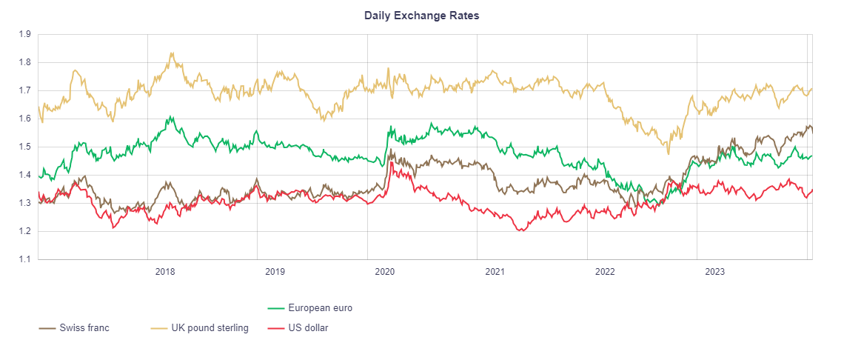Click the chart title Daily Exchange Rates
(x=421, y=16)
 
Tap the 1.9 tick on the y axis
(x=24, y=34)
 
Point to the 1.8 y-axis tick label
(x=24, y=62)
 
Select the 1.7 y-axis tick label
(x=24, y=90)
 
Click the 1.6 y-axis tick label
(x=24, y=119)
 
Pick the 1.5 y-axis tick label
(x=24, y=147)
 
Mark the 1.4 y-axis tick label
(x=24, y=175)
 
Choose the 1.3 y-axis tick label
(x=24, y=203)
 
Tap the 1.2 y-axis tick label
(x=24, y=231)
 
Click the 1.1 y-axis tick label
(x=24, y=259)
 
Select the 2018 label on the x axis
(x=165, y=272)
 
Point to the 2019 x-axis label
(x=275, y=272)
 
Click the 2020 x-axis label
(x=385, y=272)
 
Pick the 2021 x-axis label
(x=495, y=272)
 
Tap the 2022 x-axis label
(x=605, y=272)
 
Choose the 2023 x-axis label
(x=714, y=272)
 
